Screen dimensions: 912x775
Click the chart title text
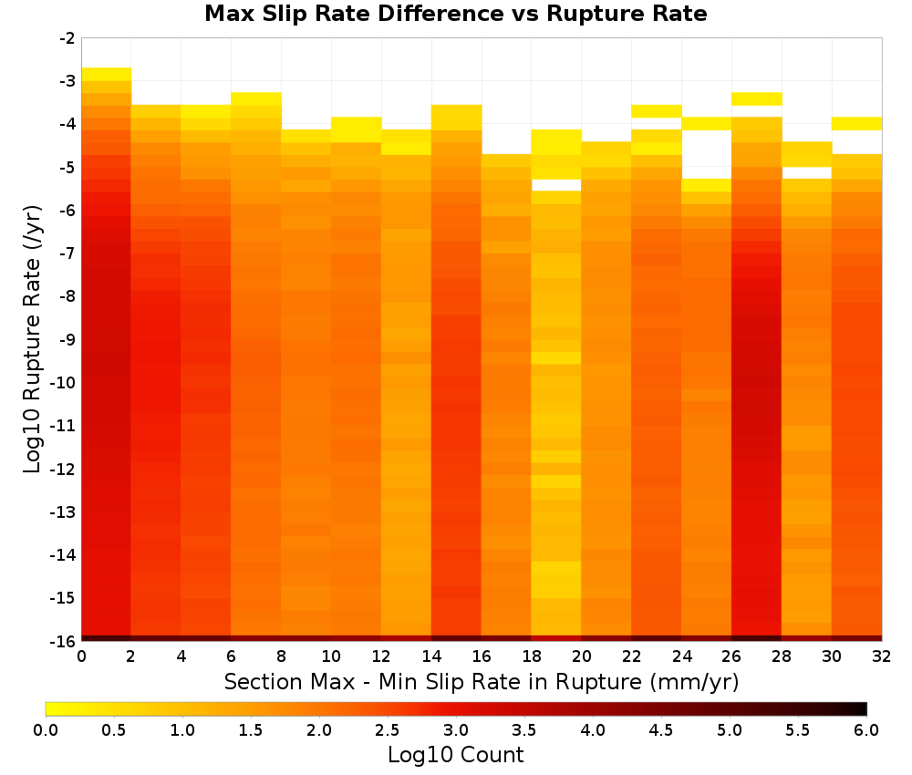[x=455, y=14]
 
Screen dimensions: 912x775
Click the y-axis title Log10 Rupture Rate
[x=33, y=339]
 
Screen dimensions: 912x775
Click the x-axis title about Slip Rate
[x=481, y=681]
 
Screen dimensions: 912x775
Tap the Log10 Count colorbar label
[x=455, y=755]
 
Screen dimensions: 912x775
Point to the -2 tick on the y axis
[x=67, y=38]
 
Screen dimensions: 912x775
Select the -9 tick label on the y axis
[x=67, y=339]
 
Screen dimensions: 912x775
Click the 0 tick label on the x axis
[x=81, y=656]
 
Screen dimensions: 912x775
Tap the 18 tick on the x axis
[x=532, y=656]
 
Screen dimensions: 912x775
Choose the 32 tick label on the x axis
[x=882, y=656]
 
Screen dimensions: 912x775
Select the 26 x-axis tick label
[x=731, y=656]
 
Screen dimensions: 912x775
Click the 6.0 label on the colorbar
[x=866, y=730]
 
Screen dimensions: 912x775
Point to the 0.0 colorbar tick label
[x=46, y=730]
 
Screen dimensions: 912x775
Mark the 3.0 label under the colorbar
[x=455, y=730]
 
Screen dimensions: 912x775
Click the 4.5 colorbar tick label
[x=660, y=730]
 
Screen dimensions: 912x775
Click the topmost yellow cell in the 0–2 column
[x=107, y=75]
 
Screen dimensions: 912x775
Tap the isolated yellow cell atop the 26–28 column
[x=757, y=98]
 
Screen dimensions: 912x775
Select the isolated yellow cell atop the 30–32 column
[x=856, y=123]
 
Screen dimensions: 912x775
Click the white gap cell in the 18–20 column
[x=556, y=185]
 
